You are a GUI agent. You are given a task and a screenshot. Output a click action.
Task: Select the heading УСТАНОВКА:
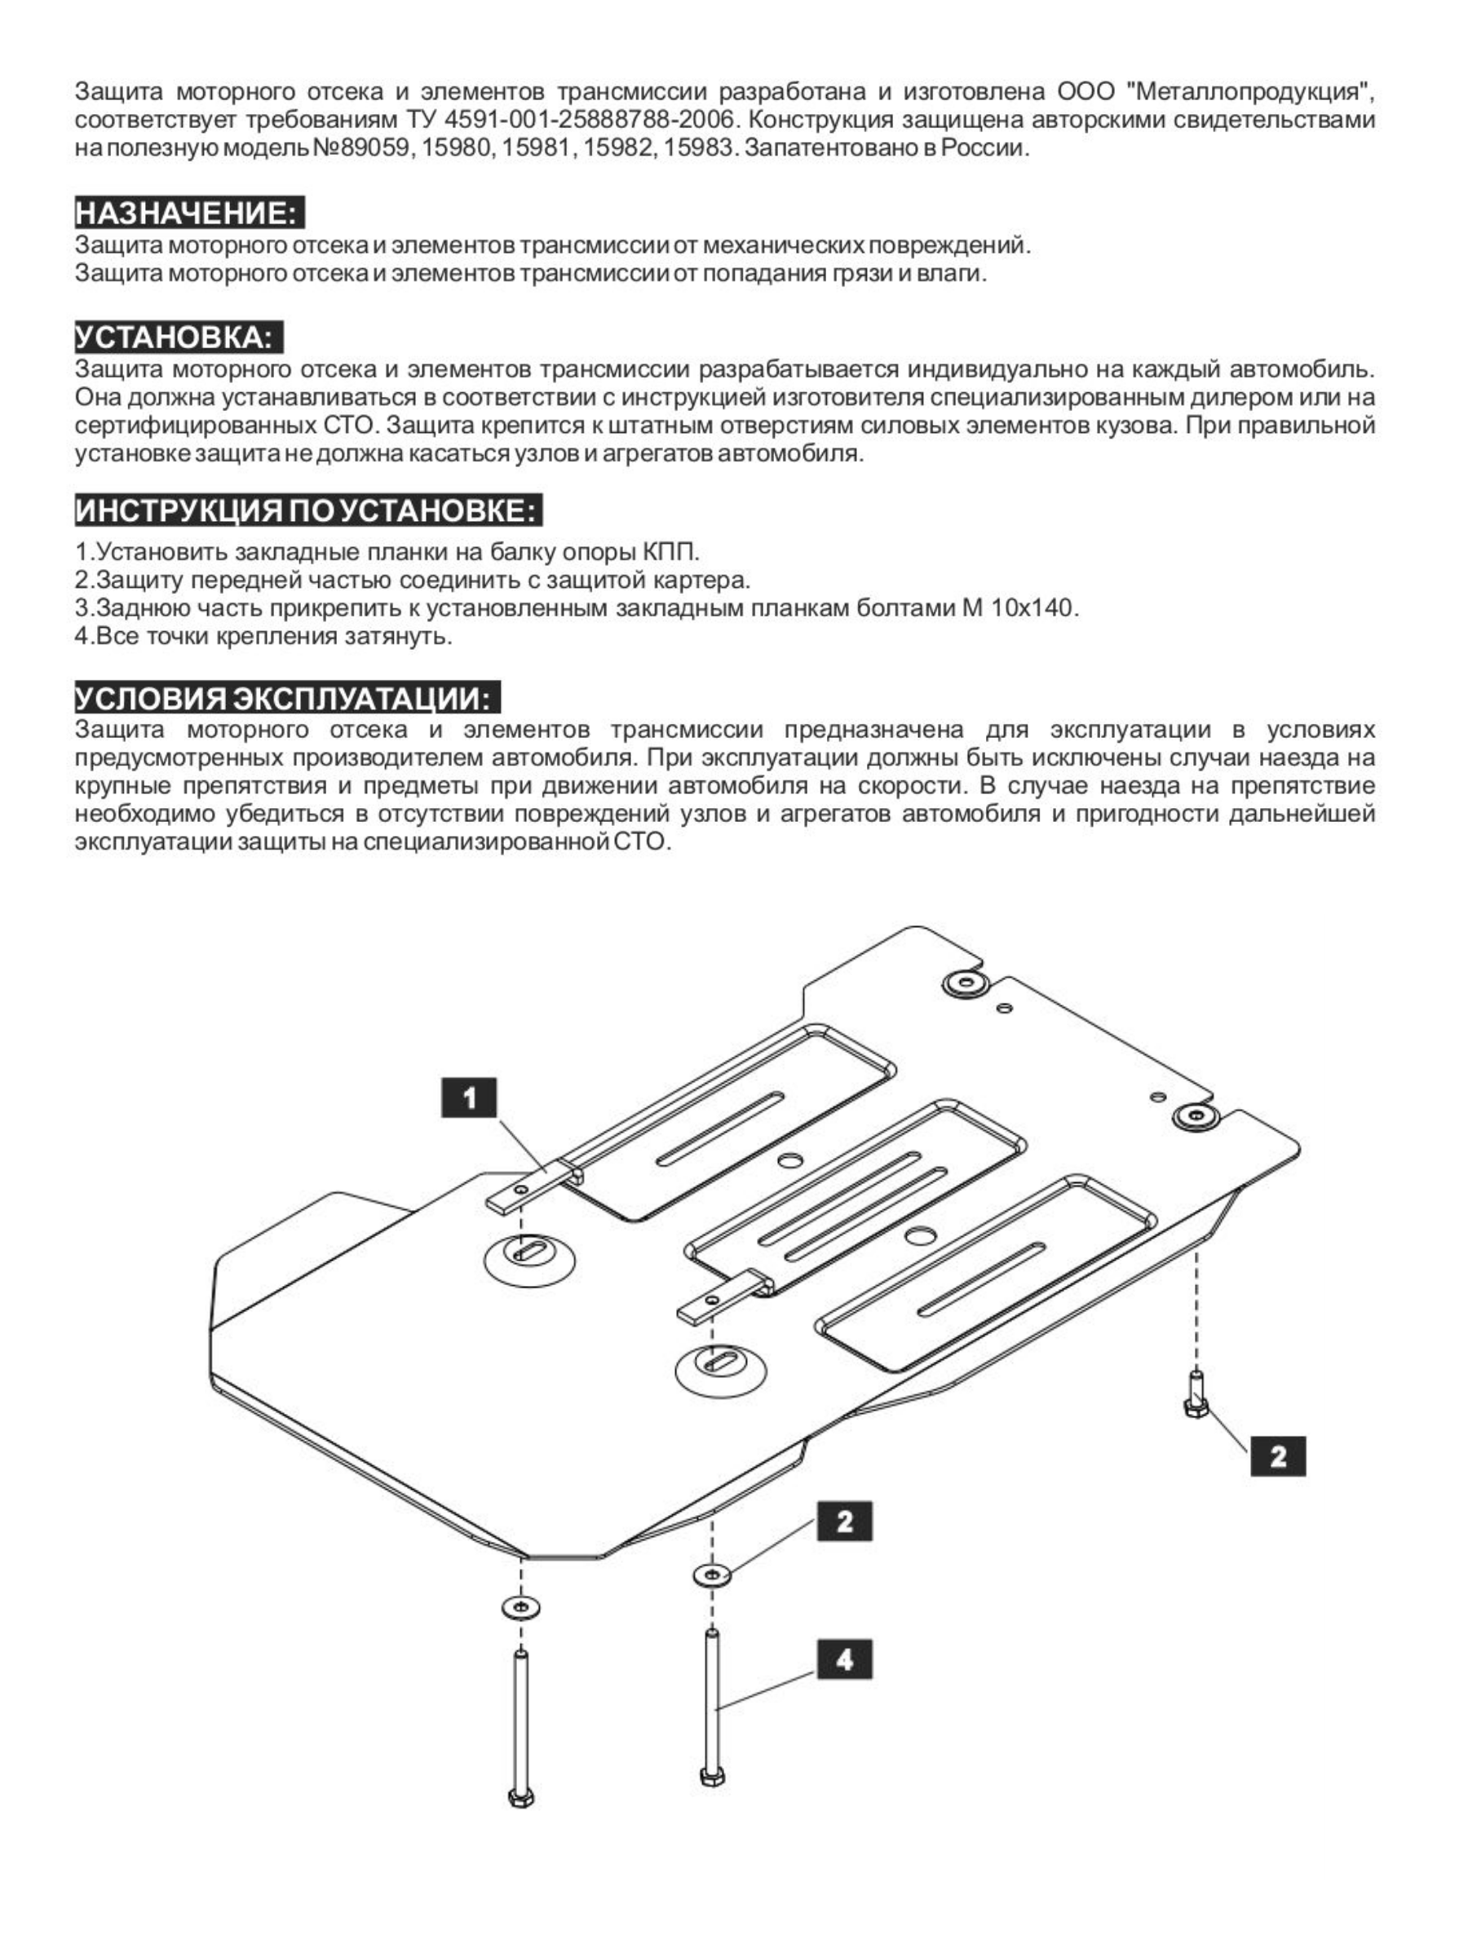click(178, 338)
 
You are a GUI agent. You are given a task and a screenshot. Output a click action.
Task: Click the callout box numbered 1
click(469, 1098)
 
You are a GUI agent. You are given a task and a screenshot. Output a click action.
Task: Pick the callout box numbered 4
click(844, 1659)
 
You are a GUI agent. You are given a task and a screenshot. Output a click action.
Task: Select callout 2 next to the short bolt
click(1278, 1456)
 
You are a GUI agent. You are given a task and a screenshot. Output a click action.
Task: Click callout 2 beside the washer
click(844, 1521)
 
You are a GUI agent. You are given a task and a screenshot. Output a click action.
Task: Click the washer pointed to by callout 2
click(712, 1575)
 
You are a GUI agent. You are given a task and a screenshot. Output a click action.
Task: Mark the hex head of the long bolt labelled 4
click(712, 1777)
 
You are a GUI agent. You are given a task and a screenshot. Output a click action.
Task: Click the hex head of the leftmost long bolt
click(521, 1797)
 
